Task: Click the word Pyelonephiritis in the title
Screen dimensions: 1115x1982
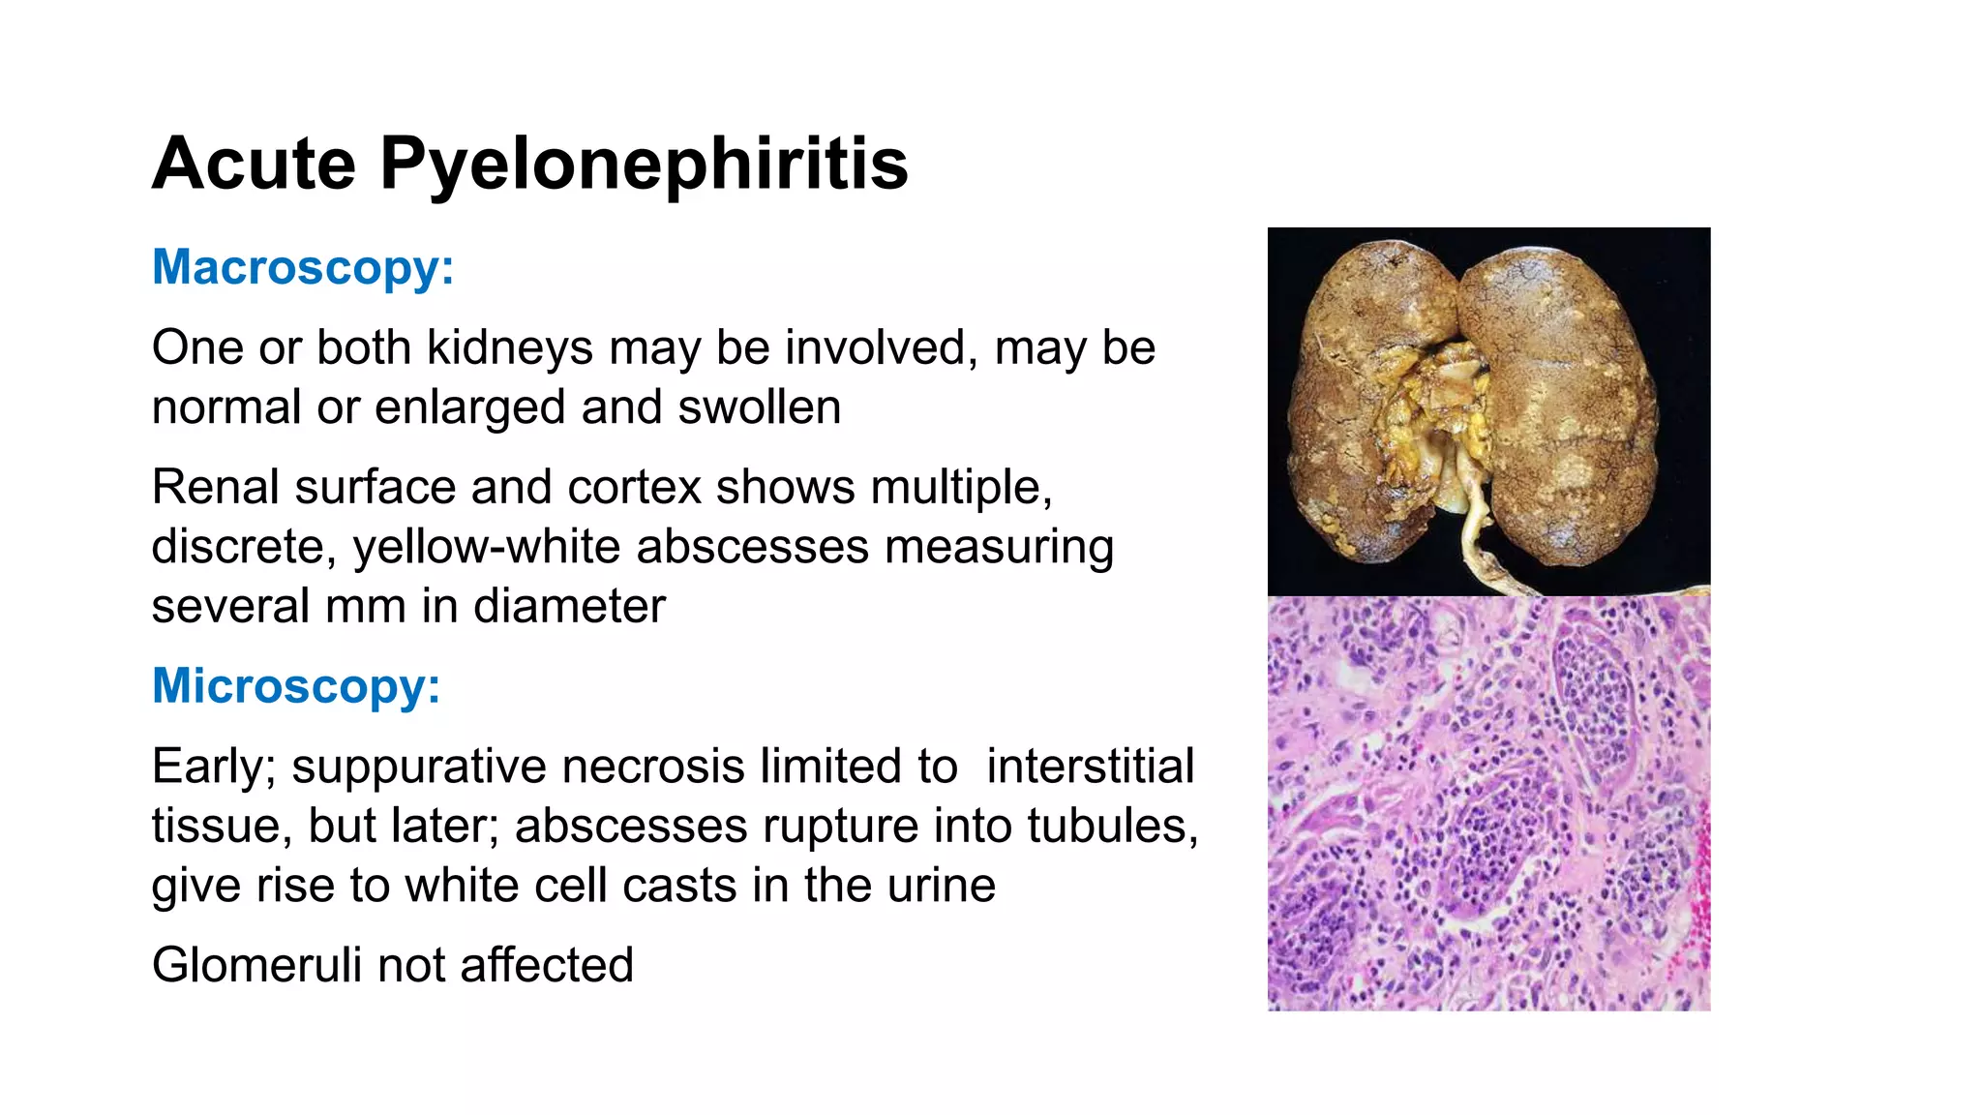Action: (x=644, y=165)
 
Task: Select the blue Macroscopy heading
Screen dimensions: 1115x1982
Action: (x=303, y=267)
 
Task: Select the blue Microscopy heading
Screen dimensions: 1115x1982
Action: (x=296, y=686)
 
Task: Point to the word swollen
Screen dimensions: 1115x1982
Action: (x=759, y=407)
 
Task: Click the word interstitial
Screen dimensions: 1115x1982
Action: (x=1091, y=767)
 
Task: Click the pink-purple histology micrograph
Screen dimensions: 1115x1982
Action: (x=1488, y=803)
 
